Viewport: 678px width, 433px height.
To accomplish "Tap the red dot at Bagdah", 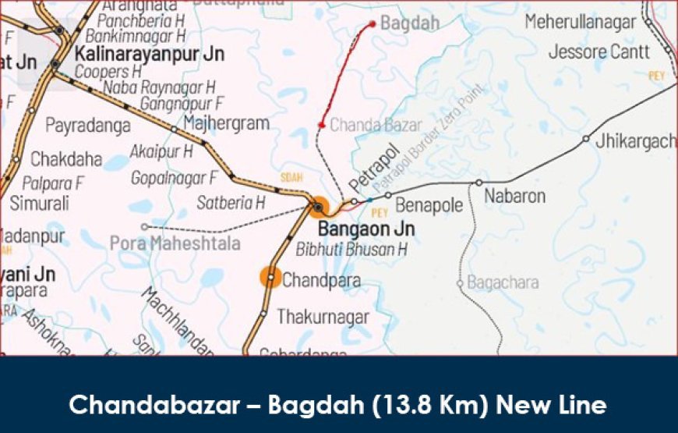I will [373, 24].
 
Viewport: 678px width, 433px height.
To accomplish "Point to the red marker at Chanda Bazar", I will [322, 125].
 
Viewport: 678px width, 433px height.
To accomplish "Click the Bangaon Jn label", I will [366, 229].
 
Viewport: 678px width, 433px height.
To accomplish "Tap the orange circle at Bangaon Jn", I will [318, 207].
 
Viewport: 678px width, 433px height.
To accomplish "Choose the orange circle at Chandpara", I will [270, 277].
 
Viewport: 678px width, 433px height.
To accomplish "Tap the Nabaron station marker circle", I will [479, 183].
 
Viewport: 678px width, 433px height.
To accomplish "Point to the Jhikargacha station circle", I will [586, 140].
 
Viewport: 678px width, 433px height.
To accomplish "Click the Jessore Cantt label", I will [599, 52].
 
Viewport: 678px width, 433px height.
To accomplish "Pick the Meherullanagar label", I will [581, 23].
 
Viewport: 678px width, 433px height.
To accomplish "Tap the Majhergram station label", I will [226, 123].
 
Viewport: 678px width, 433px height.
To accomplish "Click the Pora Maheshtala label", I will [175, 243].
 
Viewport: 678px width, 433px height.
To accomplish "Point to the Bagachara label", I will [503, 282].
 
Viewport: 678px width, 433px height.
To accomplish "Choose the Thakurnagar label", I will [323, 317].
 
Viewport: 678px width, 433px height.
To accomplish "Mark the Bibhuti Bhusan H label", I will [351, 250].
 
